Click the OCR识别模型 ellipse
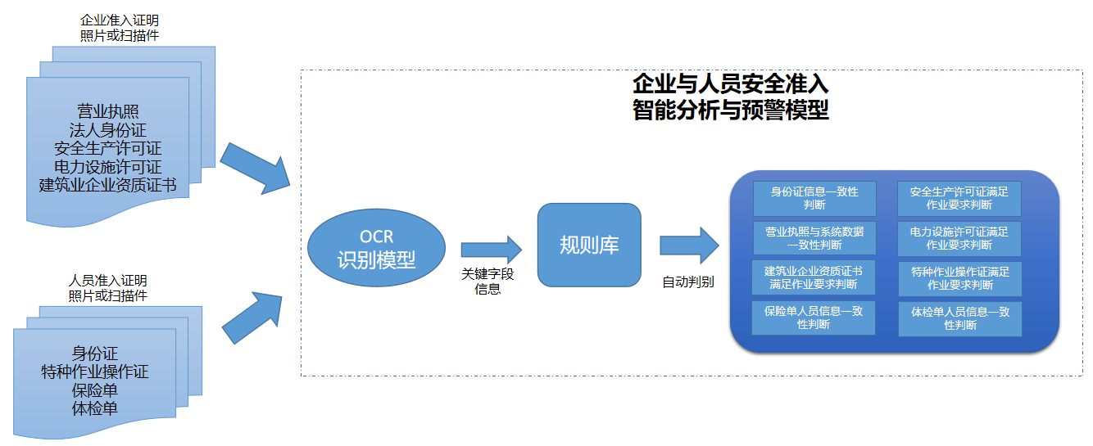coord(376,249)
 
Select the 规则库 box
coord(588,245)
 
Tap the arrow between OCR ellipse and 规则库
coord(491,249)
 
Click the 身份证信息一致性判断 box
coord(814,198)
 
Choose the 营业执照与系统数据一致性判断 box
coord(814,237)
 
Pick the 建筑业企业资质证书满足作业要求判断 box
coord(814,277)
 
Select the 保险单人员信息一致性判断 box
coord(814,318)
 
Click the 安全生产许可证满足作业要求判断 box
coord(959,198)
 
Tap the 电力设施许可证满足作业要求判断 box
coord(959,237)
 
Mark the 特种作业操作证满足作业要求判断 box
coord(959,278)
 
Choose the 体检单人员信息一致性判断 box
coord(959,318)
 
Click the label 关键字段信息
coord(488,281)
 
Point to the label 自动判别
coord(688,282)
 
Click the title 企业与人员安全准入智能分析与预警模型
coord(730,97)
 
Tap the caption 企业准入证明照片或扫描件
coord(120,28)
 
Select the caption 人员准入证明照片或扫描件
coord(108,288)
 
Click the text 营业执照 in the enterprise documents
coord(107,112)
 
